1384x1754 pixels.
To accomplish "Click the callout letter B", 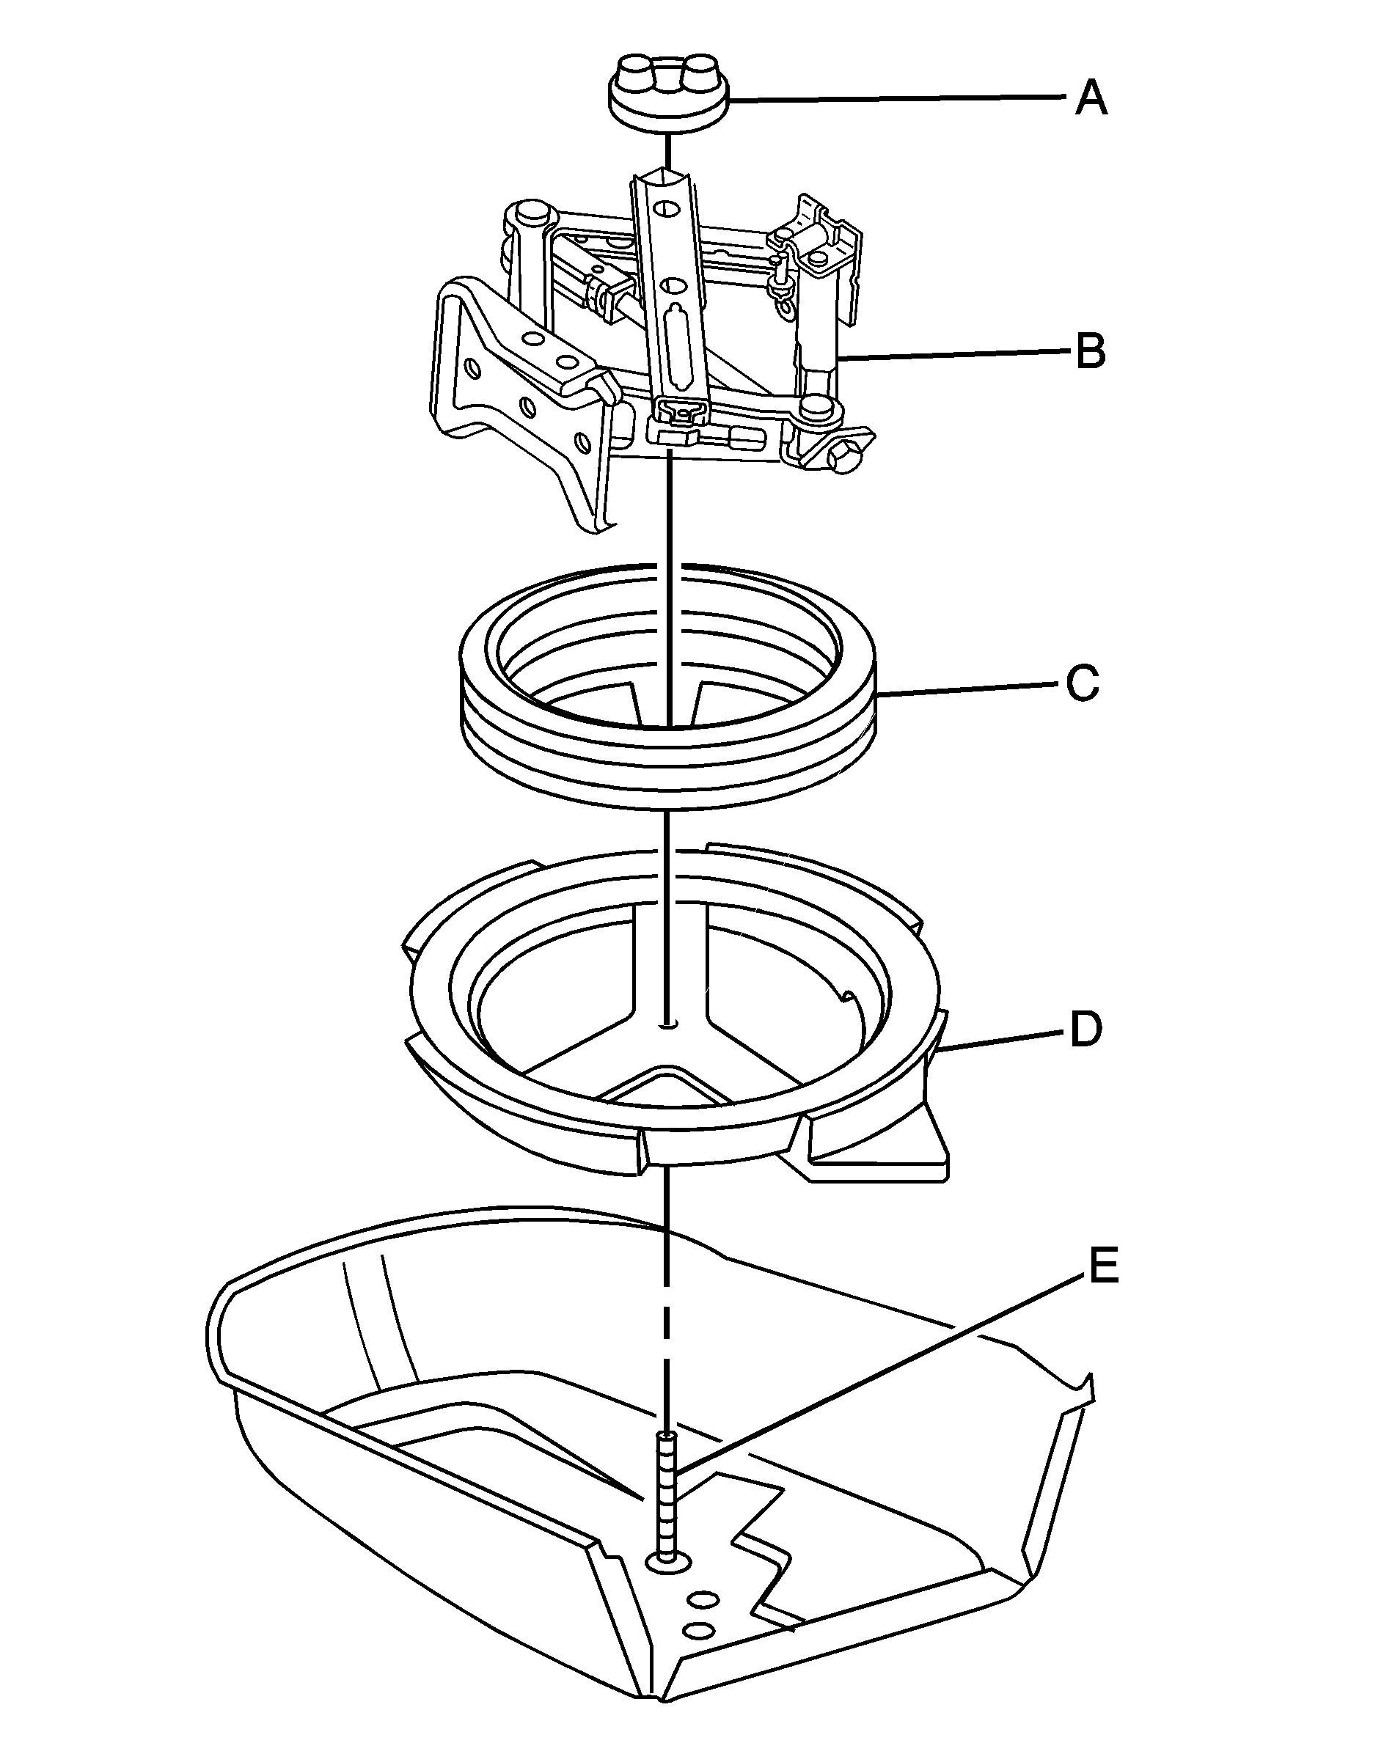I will pos(1091,353).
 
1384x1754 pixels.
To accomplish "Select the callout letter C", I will pos(1083,683).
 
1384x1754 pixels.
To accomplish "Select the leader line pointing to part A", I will pos(891,99).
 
